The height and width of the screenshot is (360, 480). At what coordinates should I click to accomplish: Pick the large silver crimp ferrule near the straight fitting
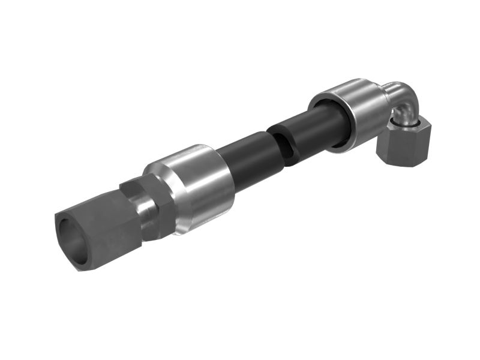coord(192,186)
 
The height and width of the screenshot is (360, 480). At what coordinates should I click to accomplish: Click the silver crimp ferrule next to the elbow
coord(354,114)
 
